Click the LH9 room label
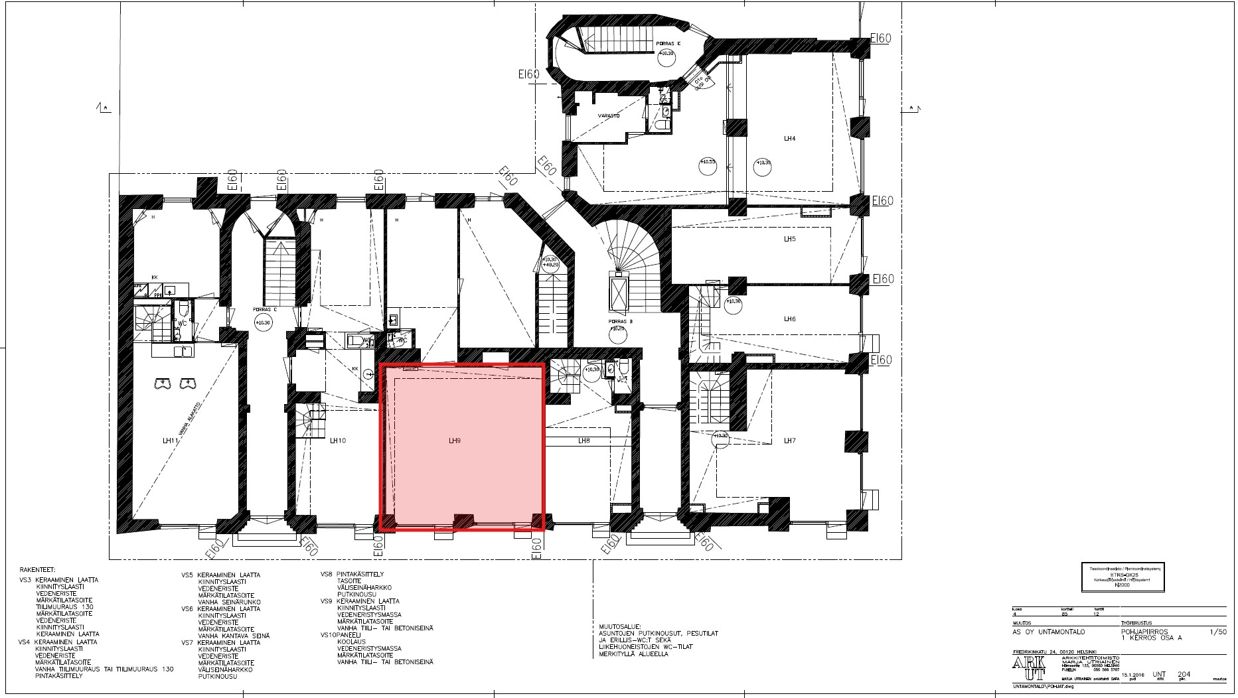tap(455, 441)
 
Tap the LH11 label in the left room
tap(171, 441)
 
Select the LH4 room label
tap(789, 139)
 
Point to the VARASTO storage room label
tap(609, 115)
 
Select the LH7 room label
tap(789, 441)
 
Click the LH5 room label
tap(789, 239)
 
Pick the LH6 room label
tap(789, 319)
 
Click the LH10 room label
tap(338, 441)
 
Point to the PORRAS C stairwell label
tap(264, 310)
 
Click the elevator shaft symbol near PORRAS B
tap(618, 293)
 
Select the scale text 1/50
tap(1218, 632)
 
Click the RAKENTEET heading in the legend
tap(38, 570)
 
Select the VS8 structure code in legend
tap(327, 574)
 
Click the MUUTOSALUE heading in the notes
tap(616, 626)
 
